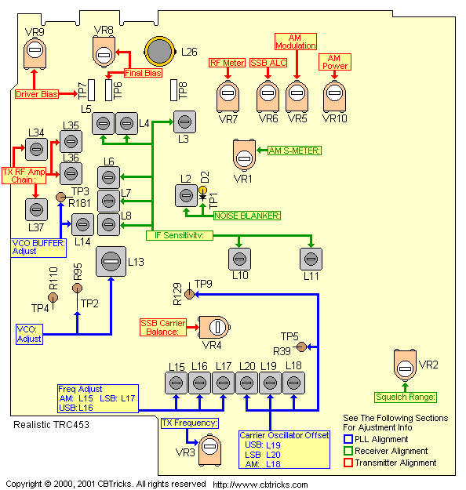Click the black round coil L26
tap(159, 52)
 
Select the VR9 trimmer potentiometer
tap(35, 53)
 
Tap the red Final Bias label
tap(144, 73)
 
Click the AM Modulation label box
tap(296, 42)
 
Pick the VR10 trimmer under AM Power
tap(334, 96)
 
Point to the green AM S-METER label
tap(294, 151)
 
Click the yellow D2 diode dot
tap(203, 190)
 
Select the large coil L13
tap(111, 262)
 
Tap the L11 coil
tap(311, 259)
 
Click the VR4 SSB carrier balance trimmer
tap(214, 327)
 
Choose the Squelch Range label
tap(406, 397)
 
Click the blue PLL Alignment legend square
tap(348, 439)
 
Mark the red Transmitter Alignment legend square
tap(348, 463)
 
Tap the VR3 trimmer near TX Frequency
tap(209, 450)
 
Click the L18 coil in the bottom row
tap(293, 383)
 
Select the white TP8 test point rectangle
tap(174, 90)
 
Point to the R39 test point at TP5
tap(301, 347)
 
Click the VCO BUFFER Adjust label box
tap(38, 248)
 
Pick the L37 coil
tap(36, 209)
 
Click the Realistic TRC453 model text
tap(51, 425)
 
